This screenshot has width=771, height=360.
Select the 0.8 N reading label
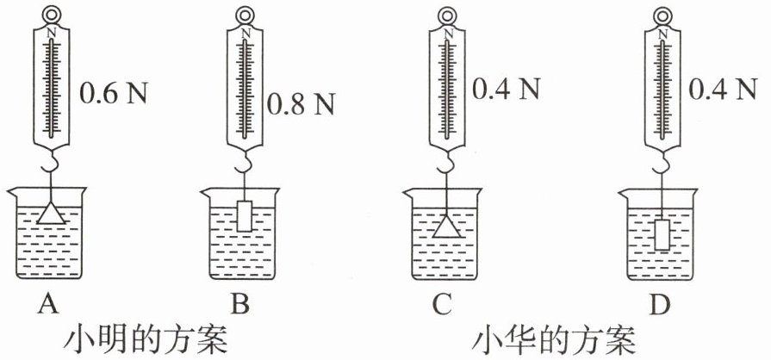(x=301, y=105)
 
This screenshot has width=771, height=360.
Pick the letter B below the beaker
(x=245, y=302)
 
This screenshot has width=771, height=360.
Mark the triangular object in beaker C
(x=446, y=227)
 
